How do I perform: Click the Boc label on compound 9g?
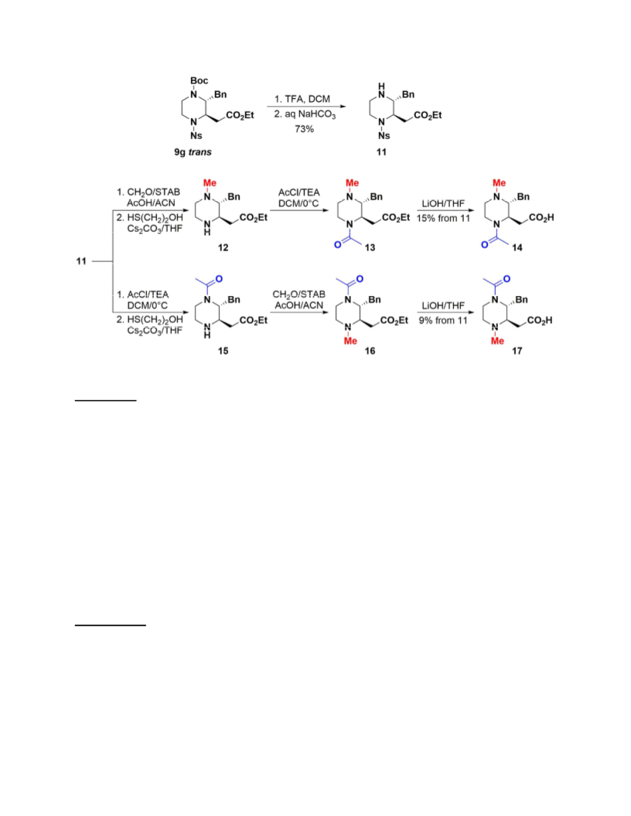point(199,80)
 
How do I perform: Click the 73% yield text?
point(304,128)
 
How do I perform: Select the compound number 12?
point(223,247)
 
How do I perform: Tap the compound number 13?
point(370,247)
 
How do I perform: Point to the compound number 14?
point(517,247)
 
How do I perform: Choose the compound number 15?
point(223,351)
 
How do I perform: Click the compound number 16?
point(370,351)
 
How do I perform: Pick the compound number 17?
point(517,351)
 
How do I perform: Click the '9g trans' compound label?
point(193,152)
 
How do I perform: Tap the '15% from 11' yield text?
point(443,218)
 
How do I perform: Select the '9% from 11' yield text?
point(443,321)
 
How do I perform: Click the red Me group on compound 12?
point(210,182)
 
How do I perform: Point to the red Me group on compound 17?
point(498,341)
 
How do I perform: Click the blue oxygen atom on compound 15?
point(219,279)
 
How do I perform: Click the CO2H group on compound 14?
point(541,218)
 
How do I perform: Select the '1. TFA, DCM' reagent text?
point(302,99)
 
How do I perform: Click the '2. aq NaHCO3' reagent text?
point(305,114)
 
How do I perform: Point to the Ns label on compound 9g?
point(196,136)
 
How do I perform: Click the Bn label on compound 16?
point(375,300)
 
